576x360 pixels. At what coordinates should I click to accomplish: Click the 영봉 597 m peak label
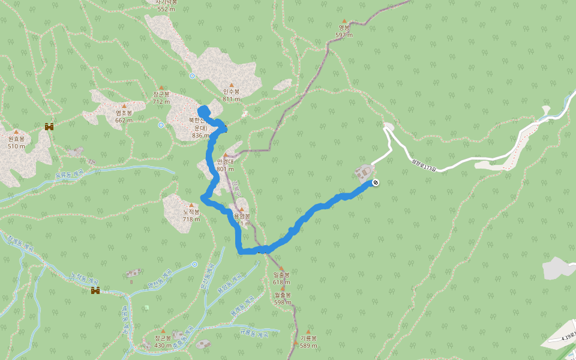coord(344,31)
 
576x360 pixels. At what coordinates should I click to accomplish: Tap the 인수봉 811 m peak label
coord(231,95)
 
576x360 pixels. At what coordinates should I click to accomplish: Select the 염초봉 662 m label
coord(124,116)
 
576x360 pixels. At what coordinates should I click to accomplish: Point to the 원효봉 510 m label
coord(16,142)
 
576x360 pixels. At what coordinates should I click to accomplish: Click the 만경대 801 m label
coord(225,165)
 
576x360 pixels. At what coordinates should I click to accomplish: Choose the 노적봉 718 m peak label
coord(191,215)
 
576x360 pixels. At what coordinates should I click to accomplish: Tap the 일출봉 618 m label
coord(281,278)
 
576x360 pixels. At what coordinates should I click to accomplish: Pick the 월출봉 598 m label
coord(283,298)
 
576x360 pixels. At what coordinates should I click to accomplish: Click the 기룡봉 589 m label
coord(308,341)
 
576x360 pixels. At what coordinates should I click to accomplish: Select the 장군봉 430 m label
coord(163,342)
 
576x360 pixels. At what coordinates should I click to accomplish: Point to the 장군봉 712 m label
coord(161,97)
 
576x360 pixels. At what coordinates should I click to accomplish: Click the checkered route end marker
coord(376,182)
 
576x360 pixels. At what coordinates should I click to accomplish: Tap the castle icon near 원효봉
coord(49,127)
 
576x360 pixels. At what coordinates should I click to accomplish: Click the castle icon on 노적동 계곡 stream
coord(95,291)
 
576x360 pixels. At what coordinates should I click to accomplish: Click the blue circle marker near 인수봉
coord(192,76)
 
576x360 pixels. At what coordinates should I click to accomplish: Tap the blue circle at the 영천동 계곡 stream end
coord(194,264)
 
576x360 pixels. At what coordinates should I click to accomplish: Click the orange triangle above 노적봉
coord(191,205)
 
